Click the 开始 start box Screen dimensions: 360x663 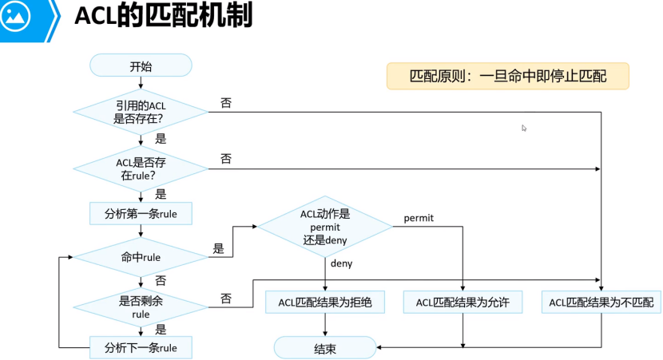click(x=141, y=65)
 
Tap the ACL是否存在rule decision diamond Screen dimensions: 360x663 click(x=141, y=168)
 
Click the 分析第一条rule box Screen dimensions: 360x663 click(x=141, y=214)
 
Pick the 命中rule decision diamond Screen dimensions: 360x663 click(x=141, y=257)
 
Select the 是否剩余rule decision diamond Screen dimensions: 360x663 click(x=141, y=307)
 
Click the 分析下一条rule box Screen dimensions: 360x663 click(x=141, y=347)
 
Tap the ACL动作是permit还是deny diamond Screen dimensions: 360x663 click(x=325, y=226)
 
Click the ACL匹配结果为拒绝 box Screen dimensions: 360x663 click(x=325, y=302)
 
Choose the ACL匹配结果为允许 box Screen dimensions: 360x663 click(x=463, y=302)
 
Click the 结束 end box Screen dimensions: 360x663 click(x=325, y=347)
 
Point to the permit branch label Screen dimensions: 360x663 click(x=419, y=217)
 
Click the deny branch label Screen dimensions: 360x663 click(x=341, y=263)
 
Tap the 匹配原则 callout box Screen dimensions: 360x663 click(x=507, y=77)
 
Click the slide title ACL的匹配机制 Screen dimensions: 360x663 click(x=163, y=18)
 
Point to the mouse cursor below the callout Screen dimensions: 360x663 click(x=524, y=128)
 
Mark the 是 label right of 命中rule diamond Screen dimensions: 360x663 click(x=218, y=249)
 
